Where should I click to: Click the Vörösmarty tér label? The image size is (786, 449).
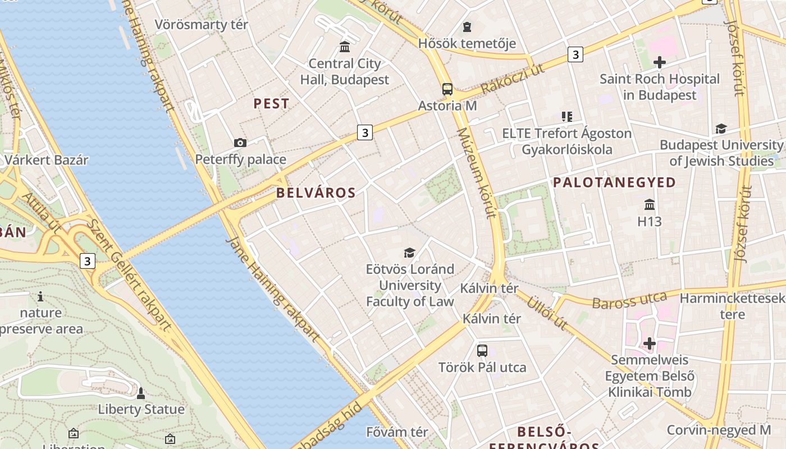(201, 25)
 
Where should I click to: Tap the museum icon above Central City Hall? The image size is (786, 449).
(345, 46)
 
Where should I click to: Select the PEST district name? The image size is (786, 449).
(271, 103)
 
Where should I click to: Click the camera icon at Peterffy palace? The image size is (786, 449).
(240, 143)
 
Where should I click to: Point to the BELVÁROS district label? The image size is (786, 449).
(316, 193)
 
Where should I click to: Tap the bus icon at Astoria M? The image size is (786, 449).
(447, 89)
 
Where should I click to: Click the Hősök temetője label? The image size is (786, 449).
(467, 43)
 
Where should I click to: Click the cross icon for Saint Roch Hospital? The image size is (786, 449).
(659, 62)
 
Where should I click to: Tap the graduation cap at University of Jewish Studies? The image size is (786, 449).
(721, 129)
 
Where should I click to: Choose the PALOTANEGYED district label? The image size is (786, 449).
(614, 182)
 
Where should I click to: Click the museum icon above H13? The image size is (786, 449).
(650, 204)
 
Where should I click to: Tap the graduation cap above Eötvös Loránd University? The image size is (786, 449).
(410, 253)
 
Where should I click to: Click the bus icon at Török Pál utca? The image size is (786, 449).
(482, 351)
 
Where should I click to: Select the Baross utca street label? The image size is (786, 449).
(629, 300)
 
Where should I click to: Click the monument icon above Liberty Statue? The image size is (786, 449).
(141, 392)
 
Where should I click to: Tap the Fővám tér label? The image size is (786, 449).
(397, 432)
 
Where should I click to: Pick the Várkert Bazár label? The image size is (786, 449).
(47, 160)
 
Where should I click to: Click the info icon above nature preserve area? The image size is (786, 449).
(40, 296)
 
